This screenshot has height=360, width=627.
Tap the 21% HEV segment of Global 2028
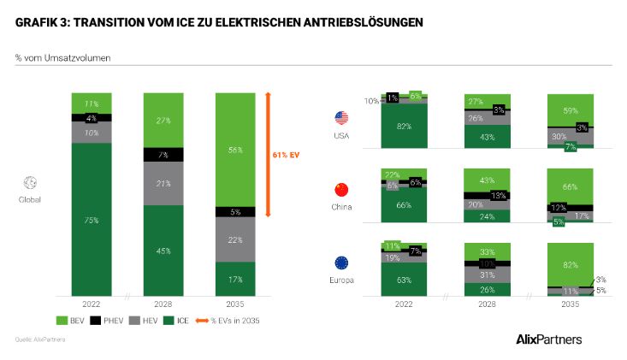coord(163,184)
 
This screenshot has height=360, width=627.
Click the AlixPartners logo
coord(549,339)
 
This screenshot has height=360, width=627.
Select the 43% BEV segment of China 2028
coord(488,180)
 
